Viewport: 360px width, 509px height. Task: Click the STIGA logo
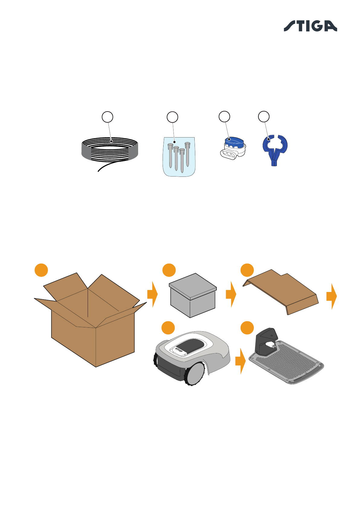(x=310, y=26)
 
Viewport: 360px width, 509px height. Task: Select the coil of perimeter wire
(x=110, y=150)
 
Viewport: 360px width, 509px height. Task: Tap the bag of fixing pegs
(x=179, y=157)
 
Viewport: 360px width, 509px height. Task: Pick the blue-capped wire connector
(x=232, y=148)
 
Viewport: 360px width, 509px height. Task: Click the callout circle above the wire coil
(x=107, y=117)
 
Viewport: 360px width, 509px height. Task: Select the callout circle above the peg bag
(x=172, y=117)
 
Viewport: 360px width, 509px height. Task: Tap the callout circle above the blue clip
(x=264, y=116)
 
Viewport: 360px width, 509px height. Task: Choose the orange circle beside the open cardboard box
(x=41, y=270)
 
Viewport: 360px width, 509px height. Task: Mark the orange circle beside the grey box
(x=169, y=270)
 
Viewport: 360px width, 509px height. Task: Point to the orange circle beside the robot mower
(x=168, y=328)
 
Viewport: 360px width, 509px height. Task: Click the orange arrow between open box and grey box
(x=153, y=294)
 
